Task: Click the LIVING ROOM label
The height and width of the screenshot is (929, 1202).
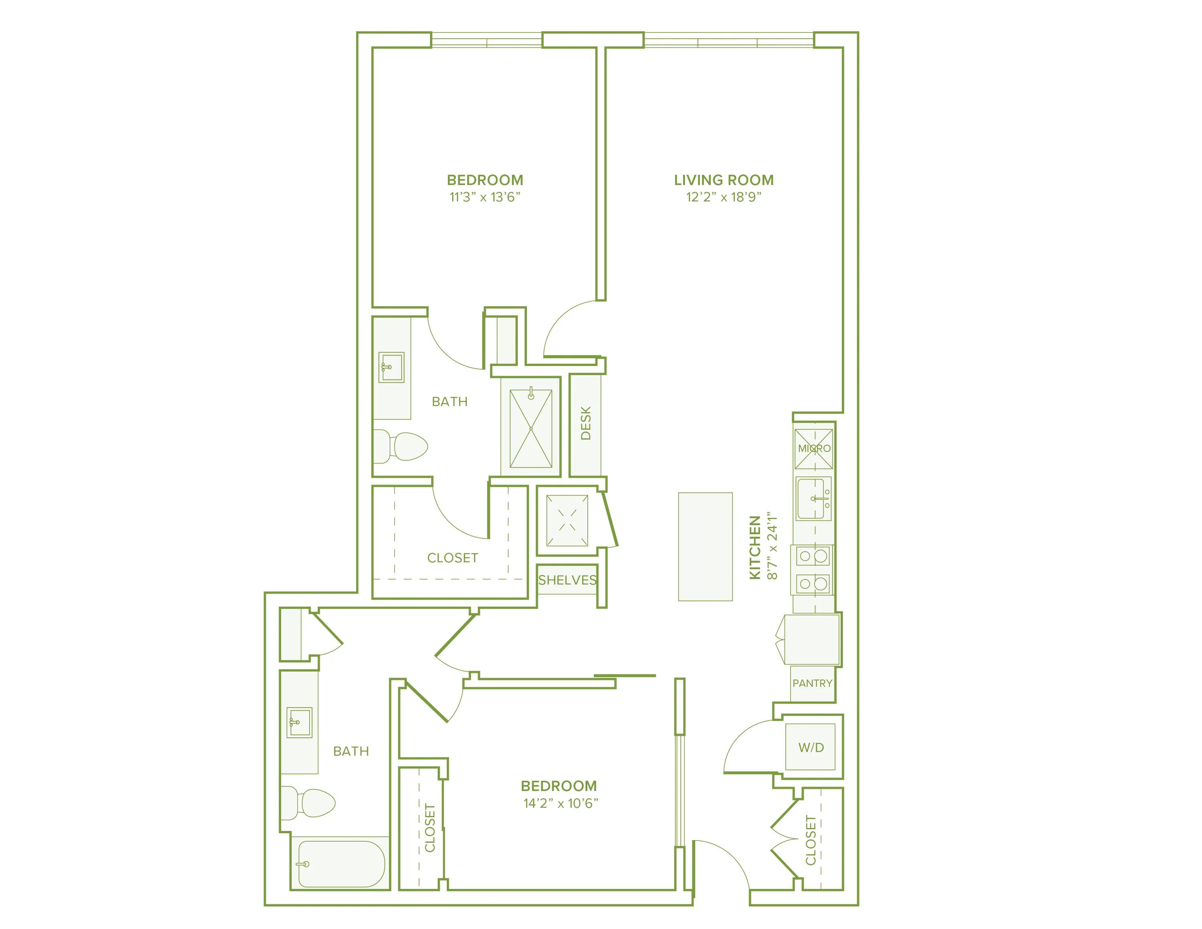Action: click(x=723, y=180)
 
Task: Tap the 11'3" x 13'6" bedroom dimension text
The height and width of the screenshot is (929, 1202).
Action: click(x=484, y=197)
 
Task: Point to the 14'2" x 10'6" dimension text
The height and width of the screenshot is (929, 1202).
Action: click(x=560, y=803)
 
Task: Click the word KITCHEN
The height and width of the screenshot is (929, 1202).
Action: click(x=754, y=547)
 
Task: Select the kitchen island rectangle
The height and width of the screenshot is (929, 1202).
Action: click(x=705, y=547)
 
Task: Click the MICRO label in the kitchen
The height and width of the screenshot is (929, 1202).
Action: click(x=813, y=448)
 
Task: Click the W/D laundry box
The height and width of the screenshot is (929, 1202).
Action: click(x=810, y=747)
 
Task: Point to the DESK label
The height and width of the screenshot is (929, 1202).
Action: click(x=586, y=423)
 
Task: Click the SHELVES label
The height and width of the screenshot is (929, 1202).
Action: click(x=567, y=580)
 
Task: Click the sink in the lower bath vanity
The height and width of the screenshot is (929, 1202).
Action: click(x=299, y=723)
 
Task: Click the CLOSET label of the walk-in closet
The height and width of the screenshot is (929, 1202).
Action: click(x=452, y=558)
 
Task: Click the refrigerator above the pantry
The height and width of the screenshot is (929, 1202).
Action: click(x=812, y=640)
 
